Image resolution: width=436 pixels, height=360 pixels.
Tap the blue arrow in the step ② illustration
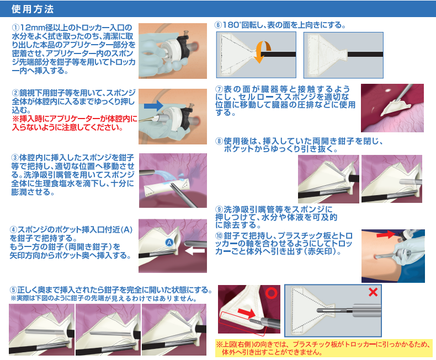tap(152, 105)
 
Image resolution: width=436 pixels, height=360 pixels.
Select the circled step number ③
tap(15, 157)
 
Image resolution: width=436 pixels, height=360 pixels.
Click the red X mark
tap(373, 292)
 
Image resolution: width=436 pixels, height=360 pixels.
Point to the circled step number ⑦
tap(219, 89)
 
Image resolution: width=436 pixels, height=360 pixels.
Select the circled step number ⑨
tap(219, 209)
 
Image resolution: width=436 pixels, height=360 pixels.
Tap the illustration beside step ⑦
tap(392, 108)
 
